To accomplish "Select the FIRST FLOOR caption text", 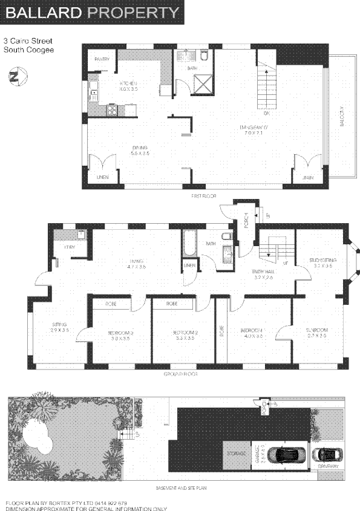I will [x=203, y=197].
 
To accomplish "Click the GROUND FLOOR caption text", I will [x=181, y=374].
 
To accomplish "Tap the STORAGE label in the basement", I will [x=235, y=452].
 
